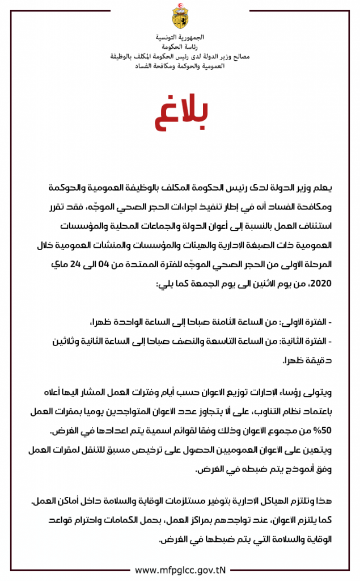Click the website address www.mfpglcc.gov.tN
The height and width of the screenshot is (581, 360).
pos(180,570)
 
